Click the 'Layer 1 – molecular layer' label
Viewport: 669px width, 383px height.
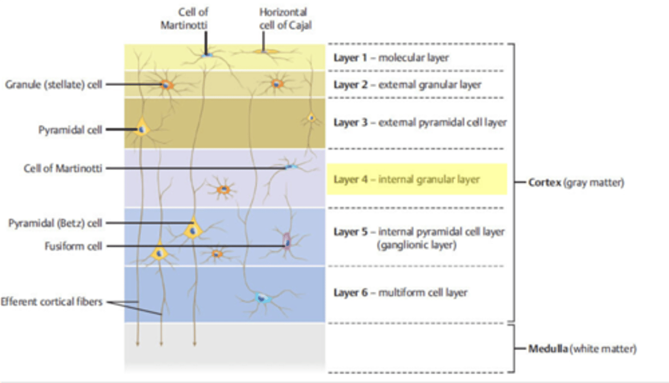pyautogui.click(x=391, y=58)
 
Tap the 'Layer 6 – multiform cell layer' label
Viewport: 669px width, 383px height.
pyautogui.click(x=400, y=293)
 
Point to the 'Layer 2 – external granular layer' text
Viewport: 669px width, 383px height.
pyautogui.click(x=407, y=85)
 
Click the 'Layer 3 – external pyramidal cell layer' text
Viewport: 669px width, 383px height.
pyautogui.click(x=420, y=122)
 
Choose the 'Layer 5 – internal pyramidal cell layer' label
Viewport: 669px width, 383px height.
pyautogui.click(x=419, y=232)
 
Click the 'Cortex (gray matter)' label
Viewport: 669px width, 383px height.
pyautogui.click(x=576, y=183)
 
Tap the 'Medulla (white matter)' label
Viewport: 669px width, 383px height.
pyautogui.click(x=582, y=349)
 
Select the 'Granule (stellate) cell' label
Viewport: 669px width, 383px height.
pyautogui.click(x=53, y=84)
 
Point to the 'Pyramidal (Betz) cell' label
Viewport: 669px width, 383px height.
pyautogui.click(x=55, y=223)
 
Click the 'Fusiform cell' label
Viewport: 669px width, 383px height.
pyautogui.click(x=73, y=246)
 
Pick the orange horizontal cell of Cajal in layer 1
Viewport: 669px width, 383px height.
pyautogui.click(x=263, y=51)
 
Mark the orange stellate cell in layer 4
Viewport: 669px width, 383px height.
pyautogui.click(x=224, y=189)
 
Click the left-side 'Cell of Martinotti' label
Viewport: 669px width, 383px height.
pyautogui.click(x=63, y=168)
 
